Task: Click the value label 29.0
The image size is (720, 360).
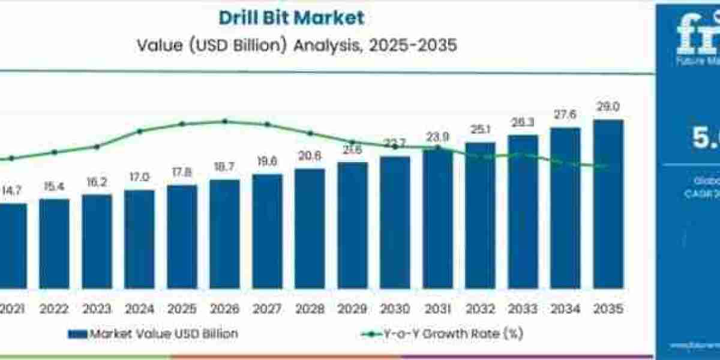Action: coord(608,107)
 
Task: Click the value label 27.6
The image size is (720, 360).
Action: coord(565,115)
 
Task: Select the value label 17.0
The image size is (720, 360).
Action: coord(140,178)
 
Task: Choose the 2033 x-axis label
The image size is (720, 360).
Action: coord(523,309)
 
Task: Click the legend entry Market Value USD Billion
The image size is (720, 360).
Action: coord(153,334)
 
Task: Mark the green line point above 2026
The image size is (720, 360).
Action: coord(225,121)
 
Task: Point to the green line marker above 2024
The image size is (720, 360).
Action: coord(140,131)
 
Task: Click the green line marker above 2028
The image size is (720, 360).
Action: coord(310,133)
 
